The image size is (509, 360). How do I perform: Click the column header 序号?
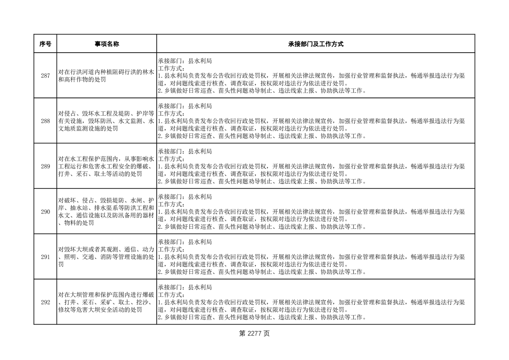coord(45,44)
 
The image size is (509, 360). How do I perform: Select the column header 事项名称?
coord(107,44)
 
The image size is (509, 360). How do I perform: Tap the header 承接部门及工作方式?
coord(315,44)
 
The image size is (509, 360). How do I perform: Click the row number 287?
coord(45,76)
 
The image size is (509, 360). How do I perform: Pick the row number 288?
coord(45,121)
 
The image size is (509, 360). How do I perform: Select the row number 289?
coord(45,166)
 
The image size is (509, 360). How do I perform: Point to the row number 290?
coord(45,212)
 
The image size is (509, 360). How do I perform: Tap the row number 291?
coord(45,257)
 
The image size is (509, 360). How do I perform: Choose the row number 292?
coord(45,302)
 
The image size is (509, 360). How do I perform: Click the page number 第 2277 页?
coord(254,334)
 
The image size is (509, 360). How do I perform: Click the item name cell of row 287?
coord(107,76)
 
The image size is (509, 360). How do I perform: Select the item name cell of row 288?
coord(107,121)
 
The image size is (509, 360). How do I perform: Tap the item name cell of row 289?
coord(107,166)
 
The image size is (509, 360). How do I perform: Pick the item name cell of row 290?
coord(107,212)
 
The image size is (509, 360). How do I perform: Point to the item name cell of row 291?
coord(107,257)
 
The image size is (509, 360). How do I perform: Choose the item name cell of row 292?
coord(107,302)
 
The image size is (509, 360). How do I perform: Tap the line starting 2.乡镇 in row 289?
coord(261,182)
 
